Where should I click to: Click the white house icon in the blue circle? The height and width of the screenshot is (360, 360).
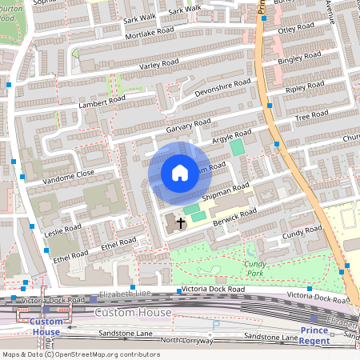click(x=179, y=173)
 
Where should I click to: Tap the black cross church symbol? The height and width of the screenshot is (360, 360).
click(x=181, y=222)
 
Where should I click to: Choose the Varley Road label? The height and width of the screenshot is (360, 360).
click(x=158, y=64)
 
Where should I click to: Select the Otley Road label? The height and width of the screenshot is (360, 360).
click(x=298, y=31)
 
